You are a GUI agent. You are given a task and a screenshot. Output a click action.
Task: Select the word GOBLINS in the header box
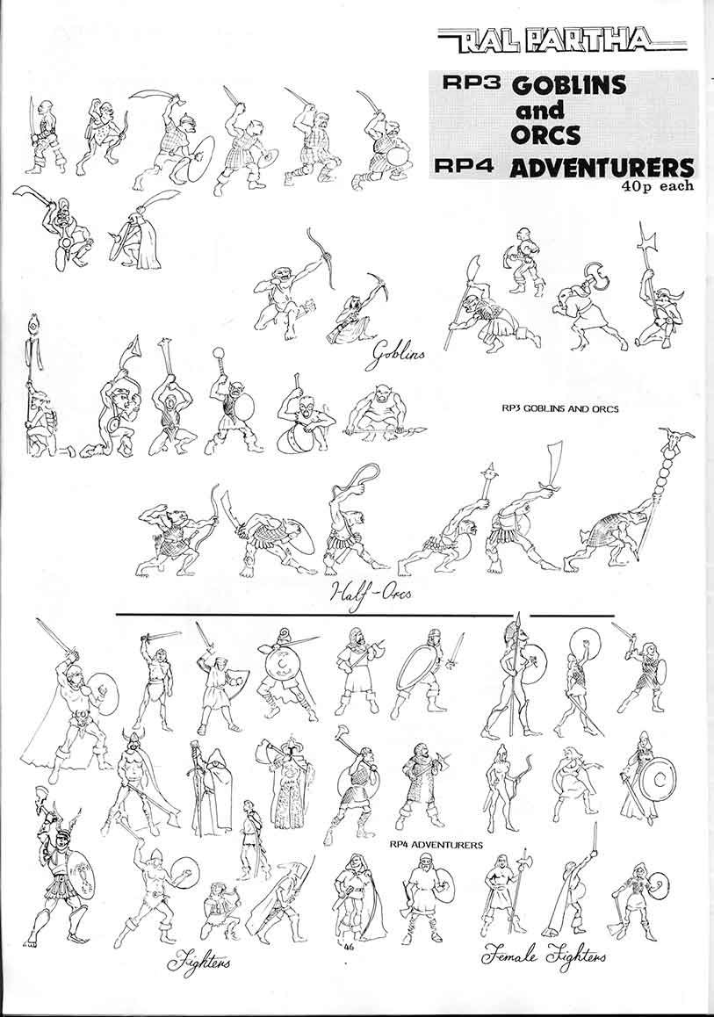[569, 84]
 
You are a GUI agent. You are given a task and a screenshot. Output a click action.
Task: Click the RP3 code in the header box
[468, 83]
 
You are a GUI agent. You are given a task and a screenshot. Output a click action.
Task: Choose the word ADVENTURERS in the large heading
[601, 168]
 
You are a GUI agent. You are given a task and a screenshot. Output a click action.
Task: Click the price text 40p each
[656, 185]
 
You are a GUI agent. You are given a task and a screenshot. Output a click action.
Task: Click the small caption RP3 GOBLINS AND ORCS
[560, 408]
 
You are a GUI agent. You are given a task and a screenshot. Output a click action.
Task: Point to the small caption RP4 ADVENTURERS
[436, 845]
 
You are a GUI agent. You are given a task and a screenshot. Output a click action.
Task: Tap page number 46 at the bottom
[349, 947]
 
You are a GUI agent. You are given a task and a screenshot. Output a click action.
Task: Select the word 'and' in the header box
[539, 111]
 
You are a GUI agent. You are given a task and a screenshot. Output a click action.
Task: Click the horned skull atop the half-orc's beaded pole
[675, 440]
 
